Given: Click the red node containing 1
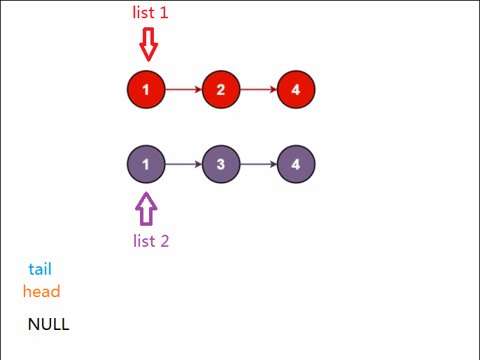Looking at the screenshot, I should point(146,89).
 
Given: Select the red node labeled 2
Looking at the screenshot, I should point(221,89).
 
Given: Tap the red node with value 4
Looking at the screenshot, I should point(296,89).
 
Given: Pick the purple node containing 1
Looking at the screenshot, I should point(146,165).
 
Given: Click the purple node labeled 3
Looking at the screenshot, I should point(221,165).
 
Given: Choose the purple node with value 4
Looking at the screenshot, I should point(296,165).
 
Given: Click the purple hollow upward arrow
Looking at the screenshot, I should point(146,209).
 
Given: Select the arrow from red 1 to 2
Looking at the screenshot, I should point(183,89).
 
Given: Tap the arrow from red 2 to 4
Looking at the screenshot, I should point(259,89).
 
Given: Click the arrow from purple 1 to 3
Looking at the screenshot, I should point(183,165).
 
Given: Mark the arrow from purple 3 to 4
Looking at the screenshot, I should point(259,165).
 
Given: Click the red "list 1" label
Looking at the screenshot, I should point(150,12).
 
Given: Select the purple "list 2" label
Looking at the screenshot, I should point(151,241).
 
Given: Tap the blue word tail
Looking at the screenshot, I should point(40,269).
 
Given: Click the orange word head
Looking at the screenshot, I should point(41,291).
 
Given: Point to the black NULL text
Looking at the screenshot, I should point(48,324).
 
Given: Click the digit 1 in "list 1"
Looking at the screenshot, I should point(164,13).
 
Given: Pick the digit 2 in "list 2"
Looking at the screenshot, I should point(164,242).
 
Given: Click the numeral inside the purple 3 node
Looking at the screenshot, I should point(221,165).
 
